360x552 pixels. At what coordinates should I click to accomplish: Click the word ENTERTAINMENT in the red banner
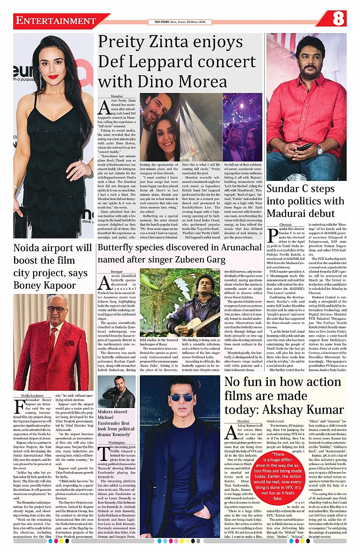tap(56, 21)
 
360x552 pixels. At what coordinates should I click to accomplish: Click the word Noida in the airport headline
tap(28, 248)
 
